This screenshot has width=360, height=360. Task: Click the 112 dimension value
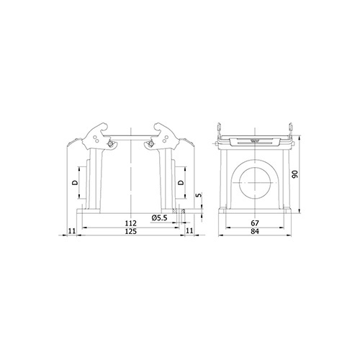pos(131,223)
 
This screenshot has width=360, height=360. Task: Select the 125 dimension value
pos(131,231)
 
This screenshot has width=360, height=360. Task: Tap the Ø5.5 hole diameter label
pos(160,218)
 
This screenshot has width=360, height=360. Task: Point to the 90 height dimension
pos(294,174)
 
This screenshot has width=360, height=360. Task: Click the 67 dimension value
pos(255,223)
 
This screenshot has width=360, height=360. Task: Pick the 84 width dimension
pos(255,231)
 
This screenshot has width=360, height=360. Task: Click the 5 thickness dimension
pos(199,195)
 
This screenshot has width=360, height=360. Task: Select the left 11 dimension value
pos(72,231)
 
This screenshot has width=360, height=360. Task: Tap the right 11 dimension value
pos(189,230)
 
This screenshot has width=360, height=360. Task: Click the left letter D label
pos(75,183)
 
